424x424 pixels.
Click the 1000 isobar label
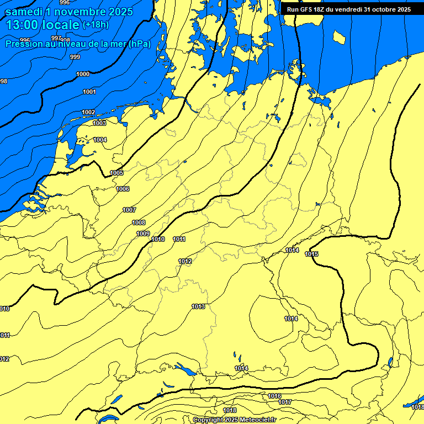coord(83,74)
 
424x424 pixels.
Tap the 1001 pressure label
coord(89,92)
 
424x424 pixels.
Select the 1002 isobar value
coord(88,112)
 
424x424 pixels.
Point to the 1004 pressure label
coord(100,140)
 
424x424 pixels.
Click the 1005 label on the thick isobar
coord(116,173)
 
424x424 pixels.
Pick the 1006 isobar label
coord(123,189)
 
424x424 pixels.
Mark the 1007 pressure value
coord(129,210)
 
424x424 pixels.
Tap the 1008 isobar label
coord(139,222)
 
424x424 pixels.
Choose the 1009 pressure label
coord(143,234)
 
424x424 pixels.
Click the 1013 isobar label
coord(198,306)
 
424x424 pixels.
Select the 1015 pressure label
coord(311,254)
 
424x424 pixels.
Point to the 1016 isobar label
coord(274,396)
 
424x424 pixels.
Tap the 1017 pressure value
coord(285,402)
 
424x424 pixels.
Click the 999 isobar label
coord(75,57)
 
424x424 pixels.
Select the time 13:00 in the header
coord(22,25)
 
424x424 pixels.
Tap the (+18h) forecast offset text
coord(96,25)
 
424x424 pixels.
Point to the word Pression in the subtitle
coord(23,44)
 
